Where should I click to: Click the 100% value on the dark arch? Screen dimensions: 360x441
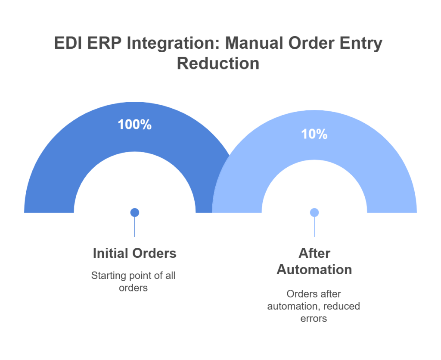pyautogui.click(x=134, y=125)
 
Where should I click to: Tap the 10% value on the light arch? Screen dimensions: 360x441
pyautogui.click(x=314, y=134)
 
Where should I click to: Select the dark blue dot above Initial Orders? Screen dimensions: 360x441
pyautogui.click(x=135, y=212)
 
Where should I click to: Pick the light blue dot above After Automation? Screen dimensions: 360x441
pyautogui.click(x=314, y=212)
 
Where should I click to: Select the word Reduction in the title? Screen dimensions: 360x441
pyautogui.click(x=218, y=63)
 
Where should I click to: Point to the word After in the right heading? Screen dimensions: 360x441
pyautogui.click(x=314, y=253)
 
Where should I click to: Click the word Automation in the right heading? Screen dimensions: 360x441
pyautogui.click(x=314, y=269)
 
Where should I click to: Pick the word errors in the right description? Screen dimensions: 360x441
pyautogui.click(x=314, y=319)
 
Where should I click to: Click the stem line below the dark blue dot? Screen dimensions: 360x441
pyautogui.click(x=135, y=227)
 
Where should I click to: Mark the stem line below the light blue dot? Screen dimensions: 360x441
pyautogui.click(x=314, y=227)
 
